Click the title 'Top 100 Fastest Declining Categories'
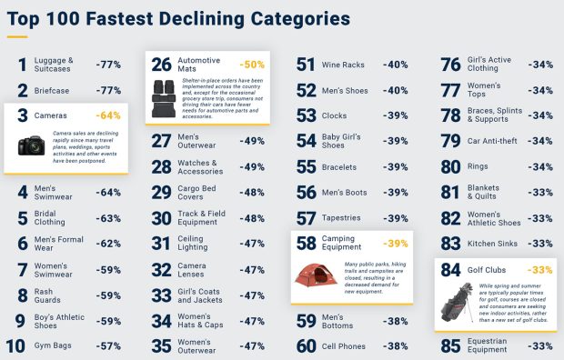pyautogui.click(x=178, y=18)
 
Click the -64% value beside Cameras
pyautogui.click(x=108, y=115)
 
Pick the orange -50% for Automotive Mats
pyautogui.click(x=251, y=65)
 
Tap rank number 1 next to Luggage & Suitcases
pyautogui.click(x=22, y=65)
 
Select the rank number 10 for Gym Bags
pyautogui.click(x=15, y=345)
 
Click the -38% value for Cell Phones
pyautogui.click(x=396, y=345)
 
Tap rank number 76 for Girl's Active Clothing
pyautogui.click(x=449, y=65)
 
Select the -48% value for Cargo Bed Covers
pyautogui.click(x=252, y=193)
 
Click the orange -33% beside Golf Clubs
pyautogui.click(x=540, y=270)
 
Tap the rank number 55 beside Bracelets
pyautogui.click(x=307, y=167)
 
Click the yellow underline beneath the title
pyautogui.click(x=16, y=37)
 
